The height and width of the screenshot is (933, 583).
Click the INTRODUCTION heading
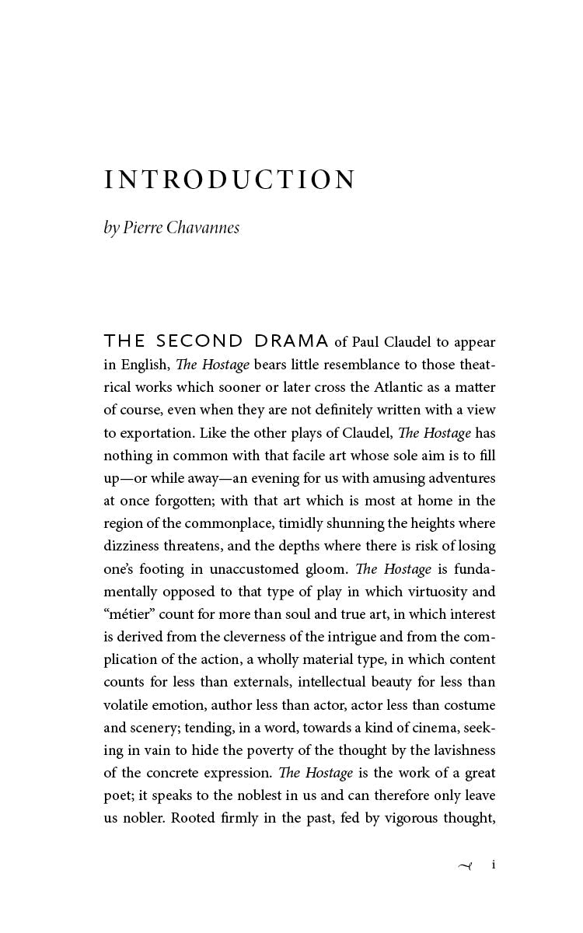tap(230, 180)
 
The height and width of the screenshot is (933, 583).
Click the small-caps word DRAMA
tap(291, 341)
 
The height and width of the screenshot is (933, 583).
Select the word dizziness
tap(131, 546)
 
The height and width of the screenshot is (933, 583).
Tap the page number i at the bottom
tap(494, 865)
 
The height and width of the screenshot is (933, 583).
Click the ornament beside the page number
tap(465, 865)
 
